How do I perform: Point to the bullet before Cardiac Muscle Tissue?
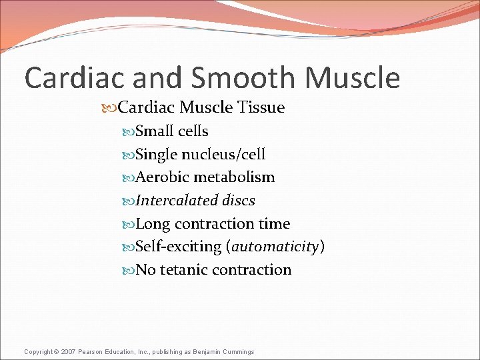click(x=109, y=108)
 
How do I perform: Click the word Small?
click(x=151, y=131)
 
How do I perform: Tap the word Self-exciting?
click(x=178, y=247)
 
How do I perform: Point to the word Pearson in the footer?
click(x=94, y=351)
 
